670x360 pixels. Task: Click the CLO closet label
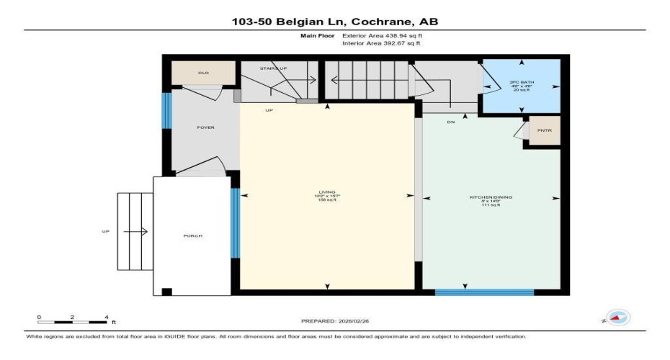(x=203, y=73)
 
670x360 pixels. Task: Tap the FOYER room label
(x=206, y=127)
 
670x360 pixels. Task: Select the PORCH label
(x=192, y=236)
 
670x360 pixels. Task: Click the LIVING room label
(x=328, y=192)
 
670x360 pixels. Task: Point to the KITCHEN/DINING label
(x=491, y=197)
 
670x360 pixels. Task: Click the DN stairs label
(x=451, y=122)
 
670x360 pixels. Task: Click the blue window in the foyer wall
(x=167, y=110)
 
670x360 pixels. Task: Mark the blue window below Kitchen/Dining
(x=484, y=292)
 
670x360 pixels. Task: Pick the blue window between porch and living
(x=235, y=222)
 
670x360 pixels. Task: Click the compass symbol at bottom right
(x=618, y=318)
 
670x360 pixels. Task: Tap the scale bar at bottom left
(x=73, y=321)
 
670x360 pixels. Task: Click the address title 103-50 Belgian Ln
(x=334, y=22)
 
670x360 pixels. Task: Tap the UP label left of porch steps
(x=106, y=231)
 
